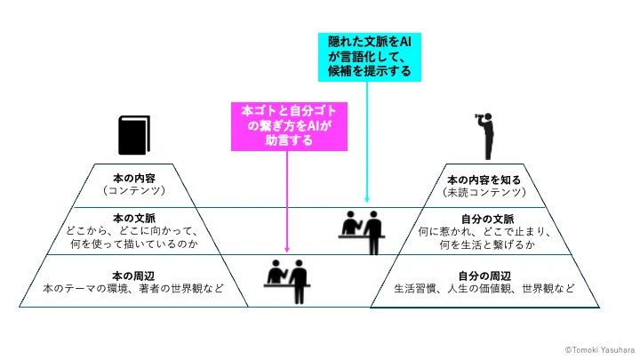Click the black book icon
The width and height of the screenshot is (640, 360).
(134, 135)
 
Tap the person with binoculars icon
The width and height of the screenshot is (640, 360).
(486, 136)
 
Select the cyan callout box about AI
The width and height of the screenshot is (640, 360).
(370, 57)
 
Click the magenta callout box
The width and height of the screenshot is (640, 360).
(289, 126)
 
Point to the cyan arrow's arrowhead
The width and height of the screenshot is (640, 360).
(367, 200)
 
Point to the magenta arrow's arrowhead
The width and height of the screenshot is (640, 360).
(287, 250)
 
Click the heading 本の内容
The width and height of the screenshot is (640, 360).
(134, 179)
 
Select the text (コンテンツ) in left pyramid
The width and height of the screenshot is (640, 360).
(134, 190)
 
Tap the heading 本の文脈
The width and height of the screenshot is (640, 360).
(134, 219)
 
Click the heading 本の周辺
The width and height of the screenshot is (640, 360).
(133, 276)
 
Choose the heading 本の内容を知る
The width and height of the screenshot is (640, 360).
(484, 180)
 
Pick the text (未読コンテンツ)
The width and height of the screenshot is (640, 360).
(484, 192)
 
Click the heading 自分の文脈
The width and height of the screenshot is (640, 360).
(487, 220)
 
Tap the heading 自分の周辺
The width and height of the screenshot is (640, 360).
(484, 276)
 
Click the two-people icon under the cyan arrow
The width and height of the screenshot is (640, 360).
(362, 232)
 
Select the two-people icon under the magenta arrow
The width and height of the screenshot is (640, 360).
(287, 282)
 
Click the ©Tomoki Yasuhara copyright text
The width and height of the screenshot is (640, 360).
(600, 350)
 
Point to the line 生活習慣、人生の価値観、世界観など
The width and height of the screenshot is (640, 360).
(484, 289)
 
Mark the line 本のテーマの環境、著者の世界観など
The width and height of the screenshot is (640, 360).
(133, 289)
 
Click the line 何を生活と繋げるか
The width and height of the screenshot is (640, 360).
(487, 245)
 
